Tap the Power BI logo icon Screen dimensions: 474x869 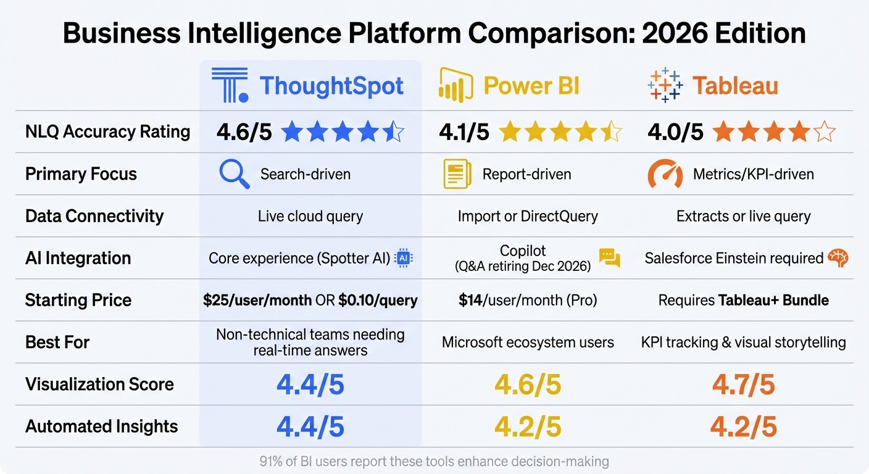pos(455,86)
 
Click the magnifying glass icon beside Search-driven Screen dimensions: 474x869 pos(235,174)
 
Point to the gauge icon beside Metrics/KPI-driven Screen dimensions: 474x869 pos(665,174)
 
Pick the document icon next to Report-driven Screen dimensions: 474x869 pos(457,174)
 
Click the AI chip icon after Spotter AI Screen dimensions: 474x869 pos(404,258)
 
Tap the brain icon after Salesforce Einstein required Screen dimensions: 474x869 pos(838,258)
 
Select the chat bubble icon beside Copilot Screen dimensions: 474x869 pos(609,258)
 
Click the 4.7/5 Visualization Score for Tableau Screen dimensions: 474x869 pos(743,385)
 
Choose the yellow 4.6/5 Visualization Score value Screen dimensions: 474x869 pos(528,385)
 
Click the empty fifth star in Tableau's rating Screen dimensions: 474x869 pos(825,132)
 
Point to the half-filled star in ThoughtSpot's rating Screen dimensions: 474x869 pos(393,132)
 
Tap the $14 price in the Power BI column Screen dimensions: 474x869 pos(470,301)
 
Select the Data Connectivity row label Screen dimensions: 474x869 pos(94,216)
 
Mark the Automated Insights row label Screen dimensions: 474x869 pos(101,426)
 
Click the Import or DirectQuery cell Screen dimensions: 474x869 pos(528,216)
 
